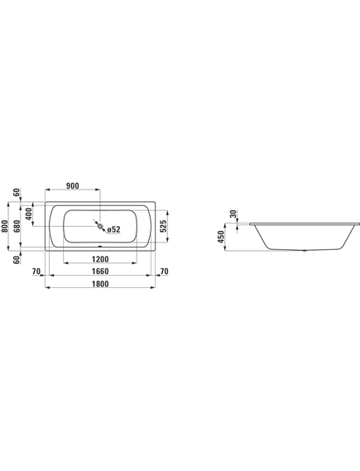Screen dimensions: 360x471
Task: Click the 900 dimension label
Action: click(72, 186)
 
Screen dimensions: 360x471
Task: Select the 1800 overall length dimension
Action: click(100, 284)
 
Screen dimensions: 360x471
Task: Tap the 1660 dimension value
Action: click(100, 272)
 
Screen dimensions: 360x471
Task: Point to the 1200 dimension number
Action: click(100, 259)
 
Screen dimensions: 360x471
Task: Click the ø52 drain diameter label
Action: click(114, 229)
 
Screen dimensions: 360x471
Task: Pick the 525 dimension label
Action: click(163, 226)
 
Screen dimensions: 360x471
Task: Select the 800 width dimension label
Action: click(4, 226)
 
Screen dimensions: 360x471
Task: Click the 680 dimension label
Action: click(17, 226)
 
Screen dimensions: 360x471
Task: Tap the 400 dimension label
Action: click(29, 214)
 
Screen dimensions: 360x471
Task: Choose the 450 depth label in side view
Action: click(221, 237)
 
